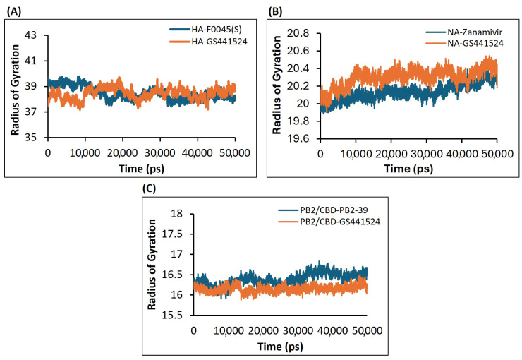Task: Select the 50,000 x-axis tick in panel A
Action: click(x=236, y=151)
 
